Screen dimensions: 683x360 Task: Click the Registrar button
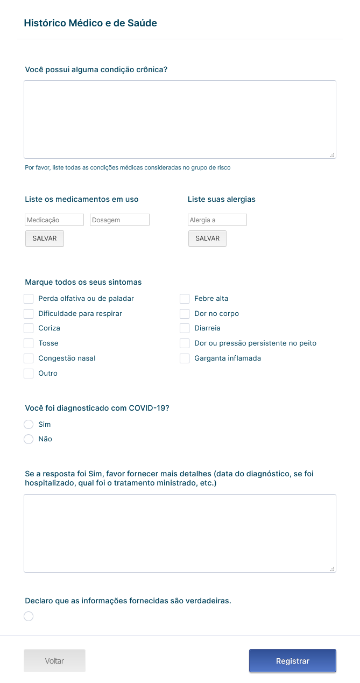292,661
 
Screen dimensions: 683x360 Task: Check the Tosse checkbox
29,343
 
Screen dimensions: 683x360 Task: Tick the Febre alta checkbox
185,299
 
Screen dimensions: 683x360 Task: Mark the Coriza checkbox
29,328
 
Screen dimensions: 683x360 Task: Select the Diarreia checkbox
185,328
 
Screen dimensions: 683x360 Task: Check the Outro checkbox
29,374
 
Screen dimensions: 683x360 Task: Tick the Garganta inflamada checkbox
185,358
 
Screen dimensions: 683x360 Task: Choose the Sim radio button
29,425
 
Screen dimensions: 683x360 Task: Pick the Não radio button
29,439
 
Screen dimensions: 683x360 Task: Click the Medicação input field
54,220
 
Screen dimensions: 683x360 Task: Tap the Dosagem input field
119,220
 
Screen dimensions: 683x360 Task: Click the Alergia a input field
217,220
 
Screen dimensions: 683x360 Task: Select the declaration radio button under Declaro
29,616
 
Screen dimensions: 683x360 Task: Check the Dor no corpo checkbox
185,314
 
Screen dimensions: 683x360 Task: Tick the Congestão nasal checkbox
29,358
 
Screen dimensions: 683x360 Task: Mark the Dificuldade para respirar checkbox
29,314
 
